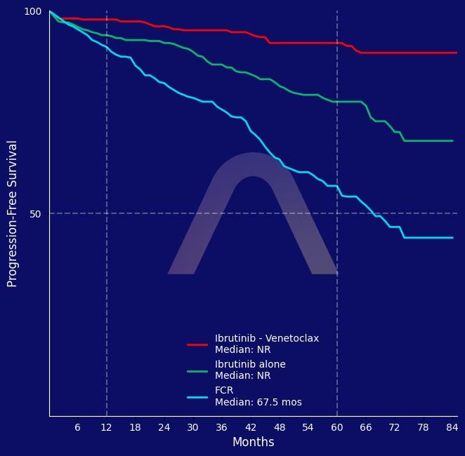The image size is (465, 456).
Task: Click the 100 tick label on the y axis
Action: tap(33, 12)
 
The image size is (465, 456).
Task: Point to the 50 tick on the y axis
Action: tap(36, 214)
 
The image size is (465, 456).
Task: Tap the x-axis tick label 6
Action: tap(77, 427)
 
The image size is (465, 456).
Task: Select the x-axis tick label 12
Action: tap(107, 427)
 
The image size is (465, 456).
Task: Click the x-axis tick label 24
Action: tap(164, 427)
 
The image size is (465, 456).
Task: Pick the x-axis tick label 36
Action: tap(222, 427)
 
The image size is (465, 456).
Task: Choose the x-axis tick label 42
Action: tap(251, 427)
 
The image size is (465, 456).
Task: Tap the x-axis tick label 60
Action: tap(337, 427)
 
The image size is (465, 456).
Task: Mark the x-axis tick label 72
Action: tap(394, 427)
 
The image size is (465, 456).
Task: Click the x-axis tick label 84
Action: tap(452, 427)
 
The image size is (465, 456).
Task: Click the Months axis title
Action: tap(253, 443)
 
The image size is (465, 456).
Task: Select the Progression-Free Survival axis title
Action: tap(12, 213)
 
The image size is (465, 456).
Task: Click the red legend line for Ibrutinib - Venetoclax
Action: tap(197, 344)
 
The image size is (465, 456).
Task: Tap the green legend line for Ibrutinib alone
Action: tap(197, 370)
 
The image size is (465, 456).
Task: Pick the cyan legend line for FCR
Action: tap(197, 397)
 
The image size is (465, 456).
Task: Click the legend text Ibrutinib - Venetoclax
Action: tap(267, 338)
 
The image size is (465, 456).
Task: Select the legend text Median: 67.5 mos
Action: tap(258, 403)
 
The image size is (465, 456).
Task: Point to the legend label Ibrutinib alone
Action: tap(250, 365)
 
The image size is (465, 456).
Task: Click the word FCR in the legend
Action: tap(224, 391)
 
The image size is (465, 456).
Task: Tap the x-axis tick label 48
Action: tap(280, 427)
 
